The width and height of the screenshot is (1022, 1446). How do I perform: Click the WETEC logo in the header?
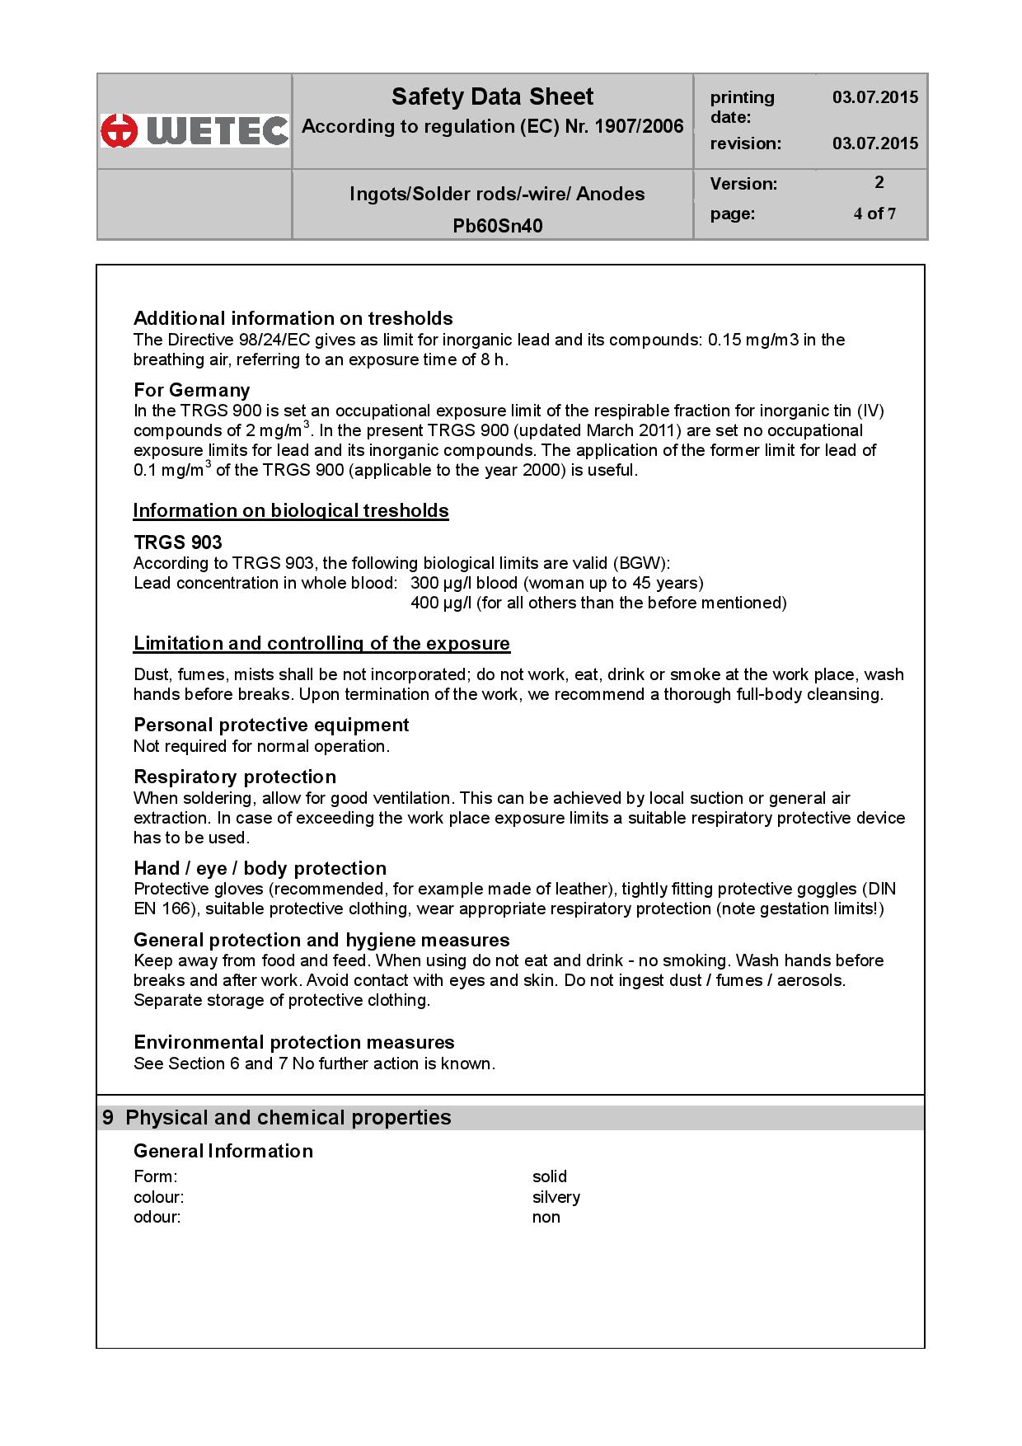195,130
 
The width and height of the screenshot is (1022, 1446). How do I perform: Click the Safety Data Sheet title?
492,97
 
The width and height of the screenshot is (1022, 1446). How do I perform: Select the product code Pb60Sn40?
498,226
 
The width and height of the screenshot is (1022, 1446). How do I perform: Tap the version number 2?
879,182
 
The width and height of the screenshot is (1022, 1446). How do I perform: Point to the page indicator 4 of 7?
874,214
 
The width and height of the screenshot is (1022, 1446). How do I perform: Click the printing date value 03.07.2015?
874,97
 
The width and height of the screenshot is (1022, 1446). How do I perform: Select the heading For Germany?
191,390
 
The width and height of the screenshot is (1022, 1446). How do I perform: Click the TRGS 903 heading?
178,542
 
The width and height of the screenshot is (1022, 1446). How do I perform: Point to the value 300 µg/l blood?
464,584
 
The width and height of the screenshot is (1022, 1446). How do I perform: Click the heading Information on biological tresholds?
291,511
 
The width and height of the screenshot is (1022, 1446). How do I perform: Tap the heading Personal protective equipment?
271,725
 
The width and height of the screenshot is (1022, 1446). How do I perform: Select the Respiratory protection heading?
235,777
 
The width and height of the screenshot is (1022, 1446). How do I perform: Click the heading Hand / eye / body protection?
260,868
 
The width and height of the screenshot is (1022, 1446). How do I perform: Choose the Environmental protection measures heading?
294,1042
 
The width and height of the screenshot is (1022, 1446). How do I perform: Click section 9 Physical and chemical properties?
277,1118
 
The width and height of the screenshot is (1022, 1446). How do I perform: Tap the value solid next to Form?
550,1176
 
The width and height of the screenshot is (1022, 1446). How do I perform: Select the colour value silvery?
556,1197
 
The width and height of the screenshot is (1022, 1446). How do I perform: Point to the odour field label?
157,1218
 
